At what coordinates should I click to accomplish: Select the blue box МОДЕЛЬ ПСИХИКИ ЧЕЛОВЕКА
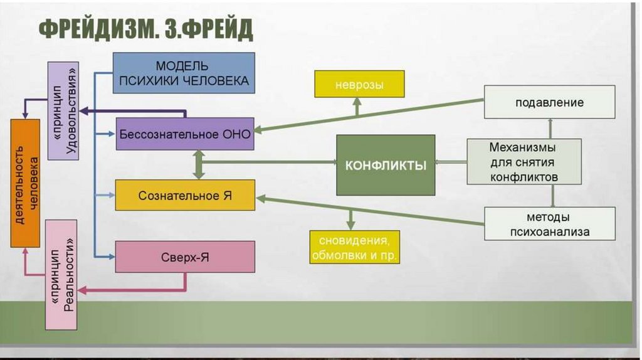(x=184, y=73)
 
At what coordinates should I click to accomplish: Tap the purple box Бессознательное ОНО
(x=184, y=134)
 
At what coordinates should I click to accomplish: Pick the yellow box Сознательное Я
(x=185, y=195)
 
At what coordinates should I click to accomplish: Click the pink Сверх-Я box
(x=185, y=257)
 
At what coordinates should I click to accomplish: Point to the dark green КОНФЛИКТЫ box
(x=386, y=166)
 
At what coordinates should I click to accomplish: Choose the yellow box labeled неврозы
(x=359, y=84)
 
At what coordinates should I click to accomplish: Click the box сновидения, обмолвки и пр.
(x=354, y=247)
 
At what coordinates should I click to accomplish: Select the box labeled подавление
(x=549, y=102)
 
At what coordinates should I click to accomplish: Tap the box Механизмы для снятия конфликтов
(x=524, y=161)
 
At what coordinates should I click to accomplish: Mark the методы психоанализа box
(x=549, y=224)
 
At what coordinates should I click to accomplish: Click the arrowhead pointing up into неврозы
(x=357, y=102)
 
